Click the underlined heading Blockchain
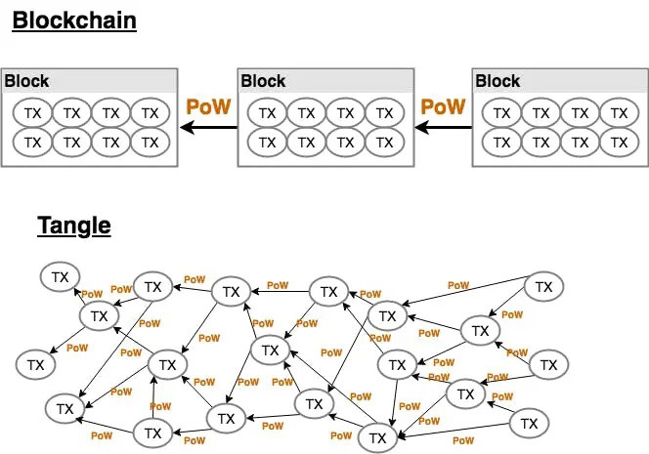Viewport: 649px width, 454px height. click(74, 21)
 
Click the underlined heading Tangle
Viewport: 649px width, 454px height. click(74, 226)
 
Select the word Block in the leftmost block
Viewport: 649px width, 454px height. click(26, 81)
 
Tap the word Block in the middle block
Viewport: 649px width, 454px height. click(263, 81)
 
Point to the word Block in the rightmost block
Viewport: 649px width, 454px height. click(498, 81)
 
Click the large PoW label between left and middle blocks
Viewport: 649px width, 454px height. click(208, 106)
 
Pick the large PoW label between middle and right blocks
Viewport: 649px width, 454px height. click(443, 106)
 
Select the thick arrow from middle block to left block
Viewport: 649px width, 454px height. click(208, 127)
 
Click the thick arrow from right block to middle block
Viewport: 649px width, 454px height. click(444, 127)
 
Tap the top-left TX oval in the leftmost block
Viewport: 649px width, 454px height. click(32, 113)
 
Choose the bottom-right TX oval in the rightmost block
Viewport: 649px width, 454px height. click(620, 143)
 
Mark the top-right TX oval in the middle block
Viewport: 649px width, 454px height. click(384, 113)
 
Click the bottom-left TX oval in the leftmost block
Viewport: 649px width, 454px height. click(32, 143)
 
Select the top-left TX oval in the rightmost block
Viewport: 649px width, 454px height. click(502, 113)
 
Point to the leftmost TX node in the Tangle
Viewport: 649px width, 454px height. click(35, 365)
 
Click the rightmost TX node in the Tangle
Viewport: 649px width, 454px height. click(548, 365)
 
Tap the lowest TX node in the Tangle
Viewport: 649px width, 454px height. click(377, 437)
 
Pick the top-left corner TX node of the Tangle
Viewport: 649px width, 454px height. click(60, 276)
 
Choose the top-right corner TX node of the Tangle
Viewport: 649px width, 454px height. click(543, 286)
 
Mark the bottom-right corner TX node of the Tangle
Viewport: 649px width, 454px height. click(529, 424)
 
